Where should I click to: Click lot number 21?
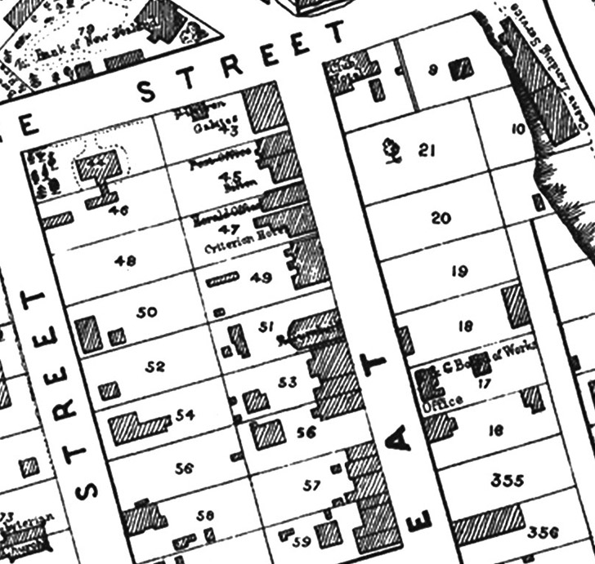click(x=425, y=150)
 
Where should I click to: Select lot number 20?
click(x=441, y=219)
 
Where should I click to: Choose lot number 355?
click(x=508, y=480)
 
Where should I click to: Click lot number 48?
click(x=126, y=261)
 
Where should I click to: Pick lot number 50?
click(x=148, y=312)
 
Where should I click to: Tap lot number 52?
click(x=156, y=366)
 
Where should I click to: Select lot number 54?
click(x=186, y=415)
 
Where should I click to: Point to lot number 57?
click(x=311, y=486)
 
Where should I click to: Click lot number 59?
click(x=302, y=540)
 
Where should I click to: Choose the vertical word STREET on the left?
click(x=65, y=392)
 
